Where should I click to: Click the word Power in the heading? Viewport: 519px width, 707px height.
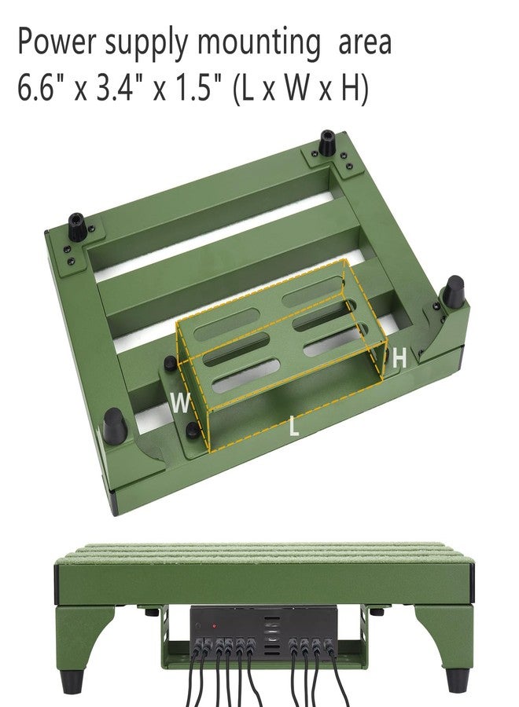click(57, 42)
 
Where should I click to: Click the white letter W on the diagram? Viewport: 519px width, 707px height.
click(181, 403)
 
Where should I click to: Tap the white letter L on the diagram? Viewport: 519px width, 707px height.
click(294, 426)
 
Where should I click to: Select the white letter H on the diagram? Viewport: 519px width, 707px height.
click(399, 358)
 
